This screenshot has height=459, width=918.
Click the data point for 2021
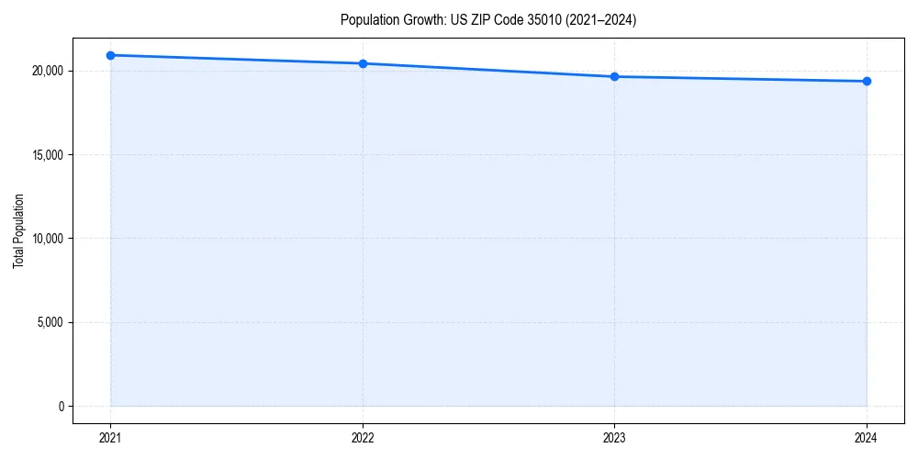tap(110, 55)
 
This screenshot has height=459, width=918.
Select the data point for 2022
tap(363, 63)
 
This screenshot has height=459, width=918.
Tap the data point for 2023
tap(614, 76)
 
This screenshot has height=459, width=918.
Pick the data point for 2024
tap(867, 82)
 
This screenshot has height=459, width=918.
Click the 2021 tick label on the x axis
tap(110, 437)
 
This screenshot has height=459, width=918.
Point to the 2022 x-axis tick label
tap(363, 437)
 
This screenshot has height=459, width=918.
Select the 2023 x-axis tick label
tap(614, 437)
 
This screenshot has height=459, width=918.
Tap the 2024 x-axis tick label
tap(867, 437)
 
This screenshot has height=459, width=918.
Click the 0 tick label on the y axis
tap(62, 406)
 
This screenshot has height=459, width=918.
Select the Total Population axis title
tap(18, 230)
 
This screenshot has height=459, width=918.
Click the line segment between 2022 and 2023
tap(488, 70)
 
